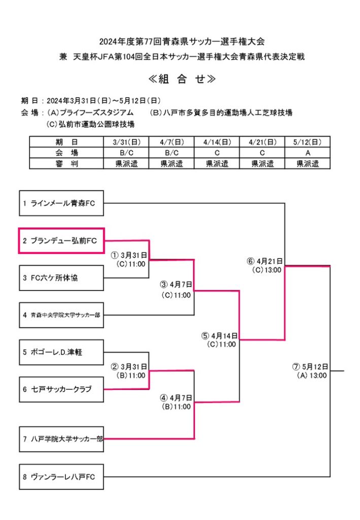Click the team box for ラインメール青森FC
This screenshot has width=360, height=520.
pos(61,204)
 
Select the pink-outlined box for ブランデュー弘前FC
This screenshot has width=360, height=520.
pos(61,240)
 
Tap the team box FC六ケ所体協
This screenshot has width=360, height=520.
pos(61,278)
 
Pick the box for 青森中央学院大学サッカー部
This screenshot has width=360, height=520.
pos(61,315)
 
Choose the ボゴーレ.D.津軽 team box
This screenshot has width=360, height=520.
pos(61,352)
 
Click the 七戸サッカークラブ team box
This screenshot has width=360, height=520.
pos(61,389)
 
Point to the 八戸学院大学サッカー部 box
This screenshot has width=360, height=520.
pos(61,438)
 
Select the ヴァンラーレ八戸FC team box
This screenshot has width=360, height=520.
pos(61,477)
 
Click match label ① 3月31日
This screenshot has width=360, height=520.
pos(129,255)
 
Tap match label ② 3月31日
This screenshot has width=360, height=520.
pos(129,367)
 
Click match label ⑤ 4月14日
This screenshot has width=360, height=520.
pos(219,336)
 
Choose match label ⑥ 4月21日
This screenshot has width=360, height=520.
pos(265,262)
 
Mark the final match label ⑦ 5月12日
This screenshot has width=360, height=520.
pos(311,367)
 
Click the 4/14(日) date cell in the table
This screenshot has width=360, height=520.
pos(217,142)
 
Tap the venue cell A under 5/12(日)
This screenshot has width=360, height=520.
pos(308,153)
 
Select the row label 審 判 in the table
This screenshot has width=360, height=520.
pos(66,164)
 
